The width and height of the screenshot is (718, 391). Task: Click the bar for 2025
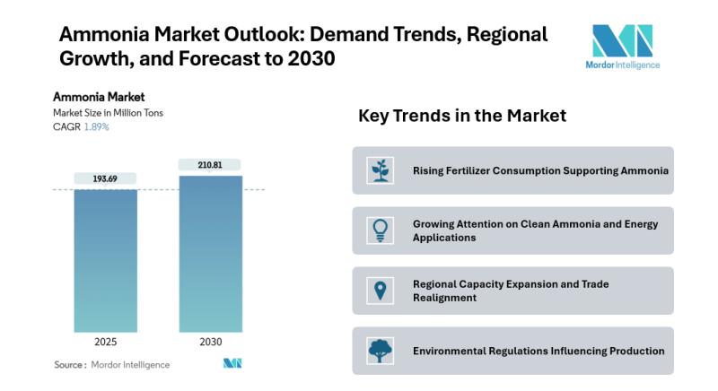[x=105, y=260]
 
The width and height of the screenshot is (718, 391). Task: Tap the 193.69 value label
[x=105, y=179]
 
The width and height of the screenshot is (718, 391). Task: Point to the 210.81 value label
[x=210, y=165]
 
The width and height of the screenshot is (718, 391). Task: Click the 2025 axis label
[x=105, y=343]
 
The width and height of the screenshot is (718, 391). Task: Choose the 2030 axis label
[x=210, y=343]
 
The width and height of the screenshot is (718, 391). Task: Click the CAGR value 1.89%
[x=97, y=126]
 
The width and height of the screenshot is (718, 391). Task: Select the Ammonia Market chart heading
[x=99, y=97]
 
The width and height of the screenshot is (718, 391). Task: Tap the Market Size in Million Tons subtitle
[x=108, y=113]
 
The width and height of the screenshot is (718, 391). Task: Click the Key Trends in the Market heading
[x=462, y=116]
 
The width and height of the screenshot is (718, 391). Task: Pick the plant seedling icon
[x=381, y=170]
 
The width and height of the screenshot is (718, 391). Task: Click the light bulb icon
[x=381, y=230]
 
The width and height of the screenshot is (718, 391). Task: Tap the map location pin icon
[x=381, y=291]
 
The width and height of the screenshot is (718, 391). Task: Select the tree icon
[x=381, y=351]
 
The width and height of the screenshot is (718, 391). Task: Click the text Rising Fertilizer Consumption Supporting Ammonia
[x=540, y=170]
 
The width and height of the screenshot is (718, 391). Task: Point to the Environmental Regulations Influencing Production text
[x=538, y=351]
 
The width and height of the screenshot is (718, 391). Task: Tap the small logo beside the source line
[x=232, y=363]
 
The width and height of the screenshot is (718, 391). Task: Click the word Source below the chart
[x=69, y=365]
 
